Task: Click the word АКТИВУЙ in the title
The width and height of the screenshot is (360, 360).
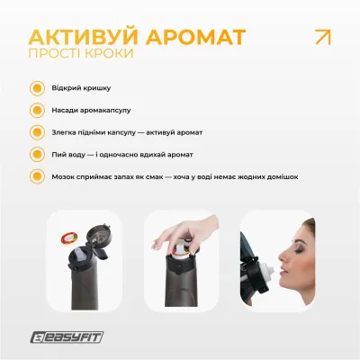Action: [79, 39]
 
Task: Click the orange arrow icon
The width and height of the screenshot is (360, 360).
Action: [319, 38]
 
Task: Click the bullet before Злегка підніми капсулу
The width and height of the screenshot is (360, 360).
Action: [37, 132]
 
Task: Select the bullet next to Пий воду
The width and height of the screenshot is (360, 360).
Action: [37, 154]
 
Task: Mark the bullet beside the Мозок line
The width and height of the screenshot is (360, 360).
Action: [37, 176]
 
